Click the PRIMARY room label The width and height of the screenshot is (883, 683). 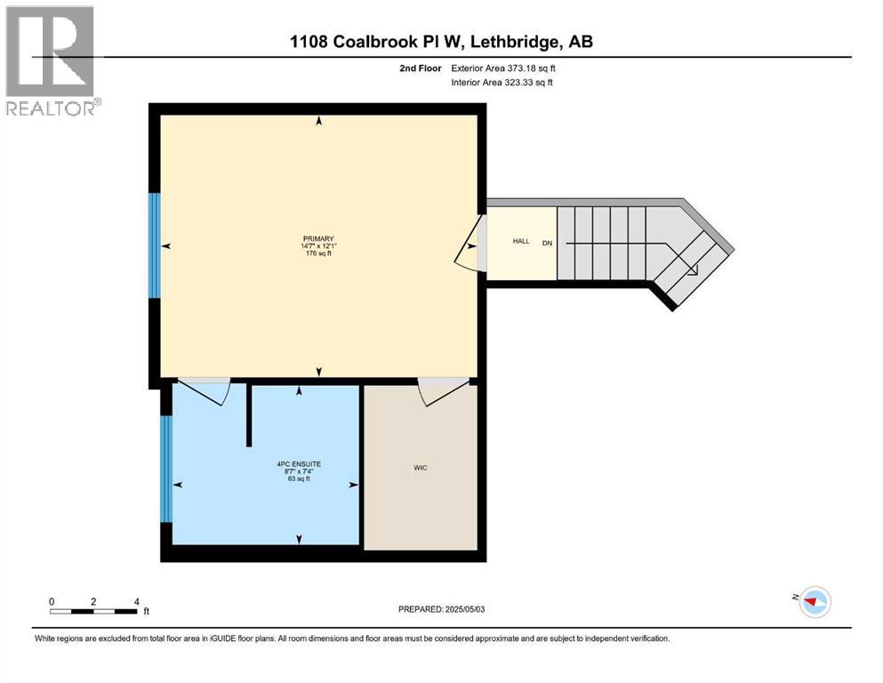point(317,238)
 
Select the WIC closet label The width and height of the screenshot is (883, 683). point(421,468)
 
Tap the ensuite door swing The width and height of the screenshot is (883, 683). point(206,391)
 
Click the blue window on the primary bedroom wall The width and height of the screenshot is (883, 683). point(155,245)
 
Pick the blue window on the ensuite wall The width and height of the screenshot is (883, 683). point(165,469)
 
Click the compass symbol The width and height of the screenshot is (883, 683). point(813,602)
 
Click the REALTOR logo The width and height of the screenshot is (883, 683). point(50,60)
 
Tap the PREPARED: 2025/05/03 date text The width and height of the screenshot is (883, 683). point(445,609)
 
